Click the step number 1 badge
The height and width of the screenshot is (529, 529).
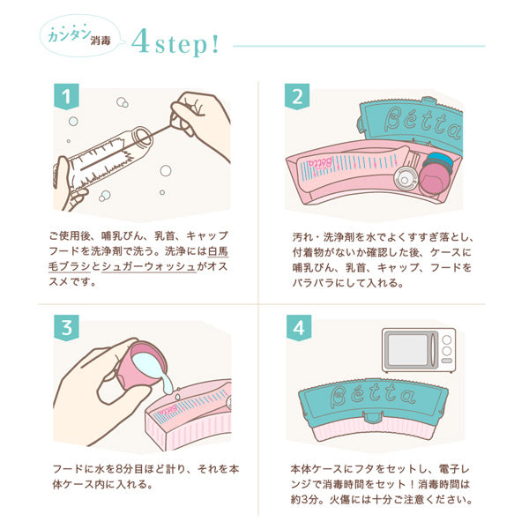(x=66, y=96)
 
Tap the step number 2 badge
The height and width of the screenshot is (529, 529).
(x=297, y=96)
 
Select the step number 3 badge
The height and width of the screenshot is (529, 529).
(x=66, y=327)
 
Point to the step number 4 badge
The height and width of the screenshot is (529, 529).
(x=299, y=327)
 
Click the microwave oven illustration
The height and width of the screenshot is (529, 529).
(x=419, y=350)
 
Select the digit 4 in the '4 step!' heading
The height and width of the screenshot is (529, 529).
(x=141, y=41)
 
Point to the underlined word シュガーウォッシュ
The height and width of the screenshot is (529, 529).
(x=149, y=266)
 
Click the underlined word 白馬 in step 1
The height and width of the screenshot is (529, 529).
(x=218, y=251)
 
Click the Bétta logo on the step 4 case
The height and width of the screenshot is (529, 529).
(x=372, y=395)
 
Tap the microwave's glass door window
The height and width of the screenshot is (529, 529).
(x=407, y=349)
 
